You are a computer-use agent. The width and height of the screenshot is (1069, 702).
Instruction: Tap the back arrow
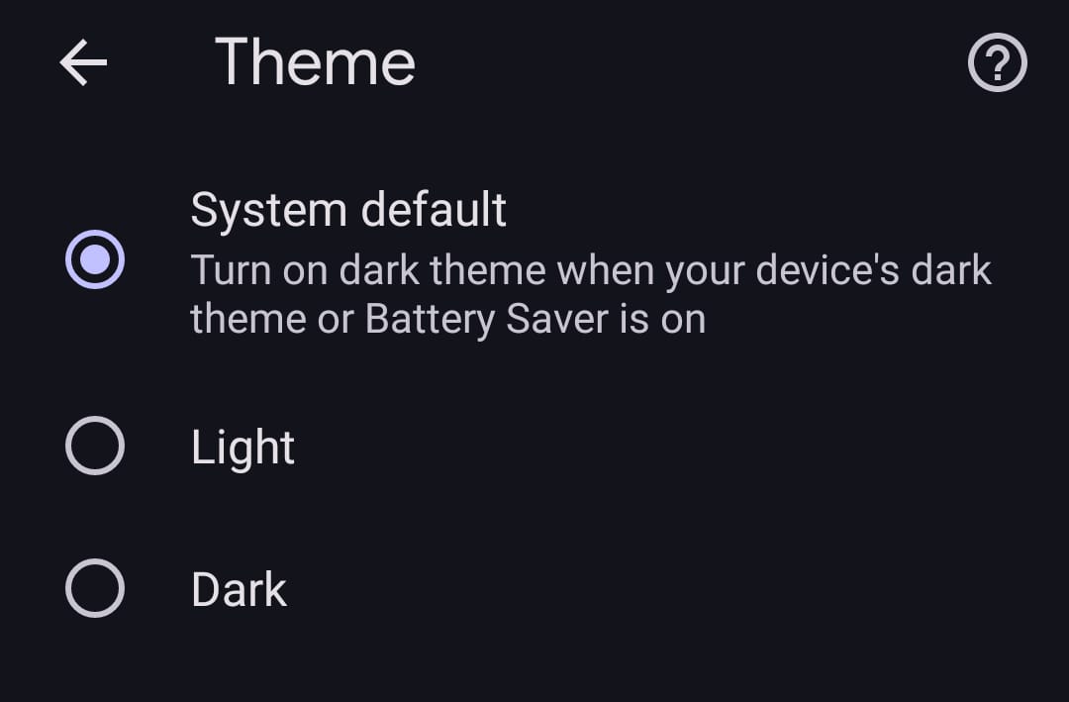click(83, 62)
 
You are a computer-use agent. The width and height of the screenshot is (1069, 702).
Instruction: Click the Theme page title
click(315, 62)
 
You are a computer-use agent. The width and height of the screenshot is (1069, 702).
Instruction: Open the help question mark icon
click(998, 62)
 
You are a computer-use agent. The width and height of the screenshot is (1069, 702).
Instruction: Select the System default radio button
click(95, 259)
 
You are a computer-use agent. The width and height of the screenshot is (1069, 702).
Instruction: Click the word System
click(268, 210)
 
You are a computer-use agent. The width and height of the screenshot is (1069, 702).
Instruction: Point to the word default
click(434, 209)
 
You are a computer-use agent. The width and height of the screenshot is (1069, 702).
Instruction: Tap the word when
click(606, 270)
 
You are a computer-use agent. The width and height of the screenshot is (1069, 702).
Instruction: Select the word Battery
click(431, 320)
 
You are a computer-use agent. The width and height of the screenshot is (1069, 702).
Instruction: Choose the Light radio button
click(95, 446)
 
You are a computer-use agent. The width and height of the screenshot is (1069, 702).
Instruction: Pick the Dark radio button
click(95, 588)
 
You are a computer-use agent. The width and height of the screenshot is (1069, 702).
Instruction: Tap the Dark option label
click(240, 589)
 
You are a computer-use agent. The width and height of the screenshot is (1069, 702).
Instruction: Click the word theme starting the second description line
click(248, 319)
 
